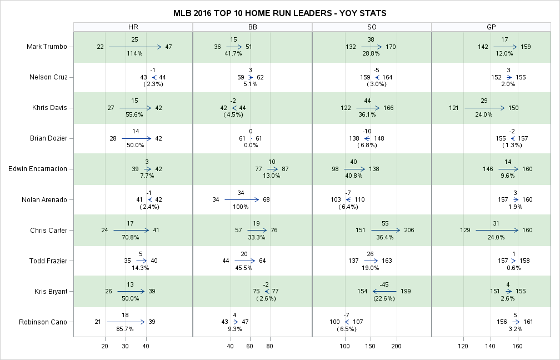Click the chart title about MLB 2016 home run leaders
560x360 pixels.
(x=279, y=13)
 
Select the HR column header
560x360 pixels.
(x=133, y=27)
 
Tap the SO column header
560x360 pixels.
(x=372, y=27)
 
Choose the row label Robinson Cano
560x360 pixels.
(x=43, y=322)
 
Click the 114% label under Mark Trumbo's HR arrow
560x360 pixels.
(x=135, y=54)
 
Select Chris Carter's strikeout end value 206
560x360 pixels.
(x=409, y=230)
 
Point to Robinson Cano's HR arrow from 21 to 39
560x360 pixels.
(x=126, y=322)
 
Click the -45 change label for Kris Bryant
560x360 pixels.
(x=384, y=284)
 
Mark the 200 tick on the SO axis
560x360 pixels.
(x=397, y=346)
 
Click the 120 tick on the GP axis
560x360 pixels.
(x=463, y=346)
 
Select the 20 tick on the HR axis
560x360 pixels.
(x=105, y=346)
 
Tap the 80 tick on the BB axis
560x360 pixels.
(x=269, y=346)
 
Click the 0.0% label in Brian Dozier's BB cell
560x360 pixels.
(x=251, y=146)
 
